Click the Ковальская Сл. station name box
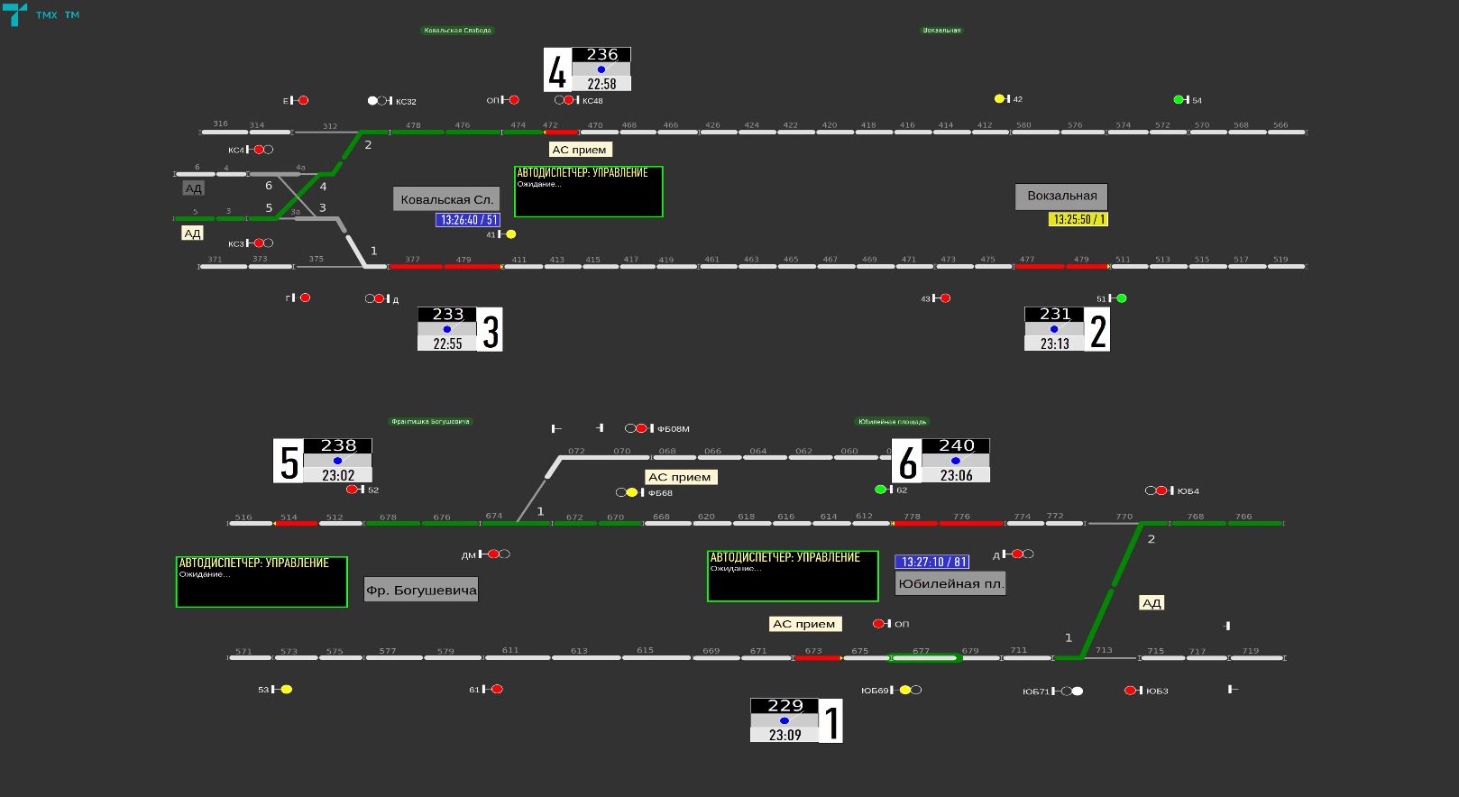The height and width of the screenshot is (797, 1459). tap(446, 199)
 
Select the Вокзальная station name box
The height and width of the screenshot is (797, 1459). tap(1061, 196)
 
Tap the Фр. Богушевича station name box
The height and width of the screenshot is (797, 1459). tap(421, 591)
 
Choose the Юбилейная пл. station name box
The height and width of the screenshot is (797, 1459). tap(950, 583)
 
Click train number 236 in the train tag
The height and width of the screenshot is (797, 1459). tap(601, 55)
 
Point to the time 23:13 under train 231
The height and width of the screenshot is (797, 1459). tap(1054, 344)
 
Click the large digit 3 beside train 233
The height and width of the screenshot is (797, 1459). tap(491, 331)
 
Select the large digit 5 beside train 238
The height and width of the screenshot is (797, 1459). tap(289, 462)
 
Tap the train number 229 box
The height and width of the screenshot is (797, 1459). tap(785, 706)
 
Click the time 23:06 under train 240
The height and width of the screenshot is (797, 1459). tap(956, 475)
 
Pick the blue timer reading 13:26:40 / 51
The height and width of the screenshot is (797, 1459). tap(468, 220)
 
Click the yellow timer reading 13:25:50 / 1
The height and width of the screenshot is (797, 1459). tap(1078, 219)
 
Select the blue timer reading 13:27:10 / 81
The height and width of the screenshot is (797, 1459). tap(932, 562)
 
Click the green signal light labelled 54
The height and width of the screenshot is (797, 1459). tap(1179, 100)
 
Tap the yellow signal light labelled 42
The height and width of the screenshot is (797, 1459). tap(999, 99)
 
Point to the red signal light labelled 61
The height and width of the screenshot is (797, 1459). tap(497, 690)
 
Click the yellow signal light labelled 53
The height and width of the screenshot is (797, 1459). tap(286, 690)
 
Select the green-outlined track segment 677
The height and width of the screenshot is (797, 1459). tap(924, 658)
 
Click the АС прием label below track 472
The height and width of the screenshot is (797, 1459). tap(579, 150)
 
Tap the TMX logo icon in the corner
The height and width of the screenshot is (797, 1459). tap(14, 14)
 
